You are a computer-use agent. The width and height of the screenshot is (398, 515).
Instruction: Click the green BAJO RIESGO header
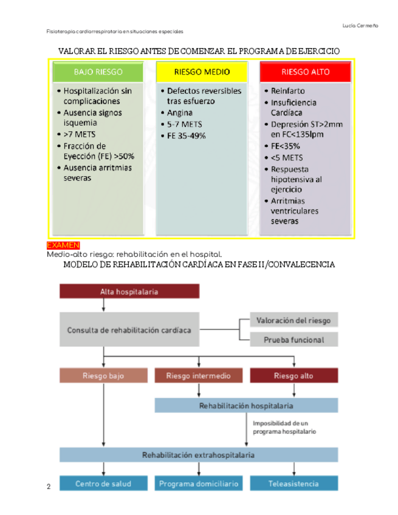(98, 72)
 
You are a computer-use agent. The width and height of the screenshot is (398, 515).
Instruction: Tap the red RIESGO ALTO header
(306, 72)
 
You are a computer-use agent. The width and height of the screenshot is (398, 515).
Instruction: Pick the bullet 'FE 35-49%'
(187, 135)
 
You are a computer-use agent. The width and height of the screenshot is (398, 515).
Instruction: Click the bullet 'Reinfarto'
(287, 90)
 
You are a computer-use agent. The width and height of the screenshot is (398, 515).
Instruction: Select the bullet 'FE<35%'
(285, 146)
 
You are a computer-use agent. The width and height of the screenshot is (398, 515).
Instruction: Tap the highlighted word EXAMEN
(59, 245)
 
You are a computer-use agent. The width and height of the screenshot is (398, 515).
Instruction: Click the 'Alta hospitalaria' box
(129, 292)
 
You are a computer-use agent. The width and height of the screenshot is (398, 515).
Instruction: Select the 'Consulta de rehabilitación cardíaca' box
(129, 330)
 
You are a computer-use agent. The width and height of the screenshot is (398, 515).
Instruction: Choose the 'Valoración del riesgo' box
(293, 320)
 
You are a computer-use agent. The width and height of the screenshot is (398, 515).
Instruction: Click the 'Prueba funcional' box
(293, 340)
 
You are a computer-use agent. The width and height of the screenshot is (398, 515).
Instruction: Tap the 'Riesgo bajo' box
(103, 376)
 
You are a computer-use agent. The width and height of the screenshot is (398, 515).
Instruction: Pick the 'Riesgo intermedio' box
(198, 376)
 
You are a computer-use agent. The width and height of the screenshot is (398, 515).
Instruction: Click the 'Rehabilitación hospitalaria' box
(246, 405)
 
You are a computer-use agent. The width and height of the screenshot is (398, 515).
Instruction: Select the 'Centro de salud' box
(103, 484)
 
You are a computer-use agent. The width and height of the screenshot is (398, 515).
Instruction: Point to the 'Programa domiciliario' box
(198, 484)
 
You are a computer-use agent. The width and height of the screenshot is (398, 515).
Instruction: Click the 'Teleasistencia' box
(293, 484)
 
